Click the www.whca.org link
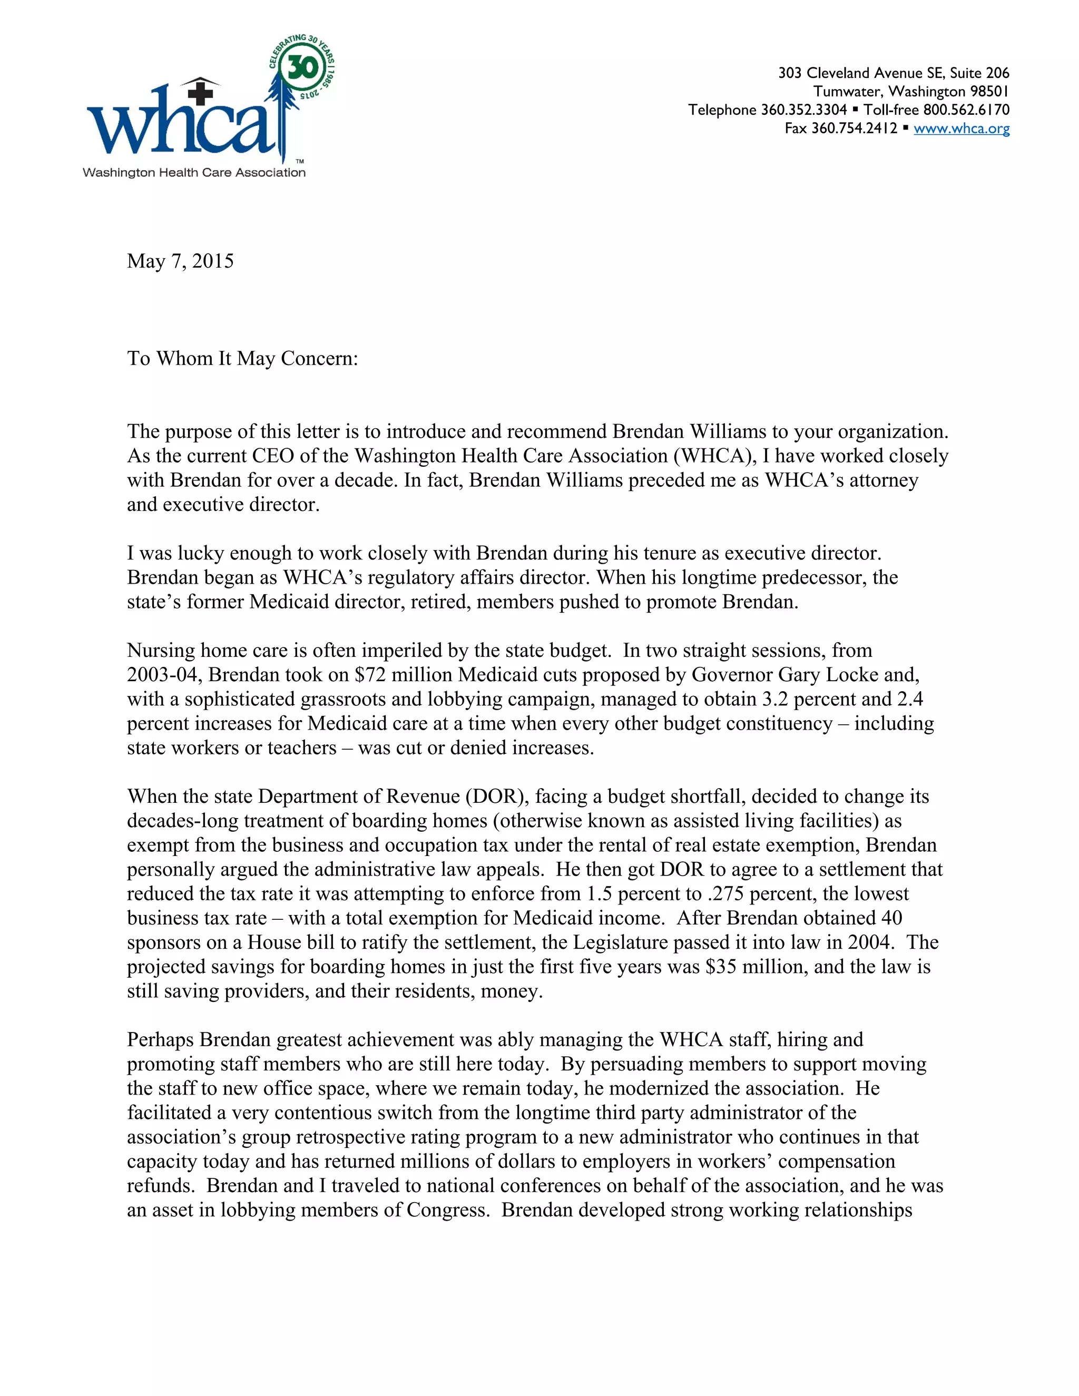(961, 129)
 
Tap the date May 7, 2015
(180, 261)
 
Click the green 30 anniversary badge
(302, 67)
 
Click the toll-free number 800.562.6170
(966, 110)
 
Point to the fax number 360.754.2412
(854, 129)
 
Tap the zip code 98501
(989, 92)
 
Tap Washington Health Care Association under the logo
(194, 173)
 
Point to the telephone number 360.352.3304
(803, 110)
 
